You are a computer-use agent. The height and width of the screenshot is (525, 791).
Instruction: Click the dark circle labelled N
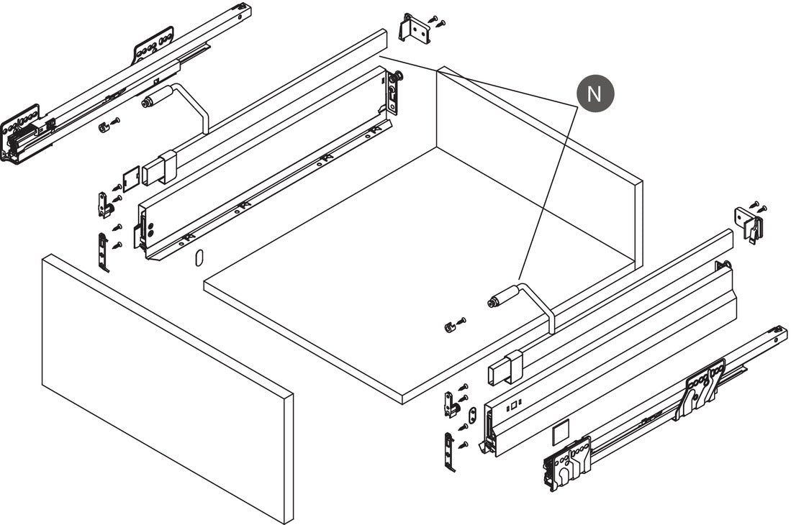tap(595, 93)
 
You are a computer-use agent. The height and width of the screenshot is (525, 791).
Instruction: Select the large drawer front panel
tap(168, 388)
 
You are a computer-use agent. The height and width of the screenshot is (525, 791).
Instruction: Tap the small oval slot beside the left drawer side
tap(198, 257)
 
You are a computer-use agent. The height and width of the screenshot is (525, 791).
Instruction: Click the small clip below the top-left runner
tap(104, 127)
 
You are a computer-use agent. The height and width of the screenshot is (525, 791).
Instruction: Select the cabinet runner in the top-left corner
tap(126, 83)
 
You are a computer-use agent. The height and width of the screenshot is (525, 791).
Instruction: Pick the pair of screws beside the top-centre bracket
tap(438, 21)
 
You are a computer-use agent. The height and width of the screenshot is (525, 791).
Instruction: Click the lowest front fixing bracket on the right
tap(449, 450)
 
